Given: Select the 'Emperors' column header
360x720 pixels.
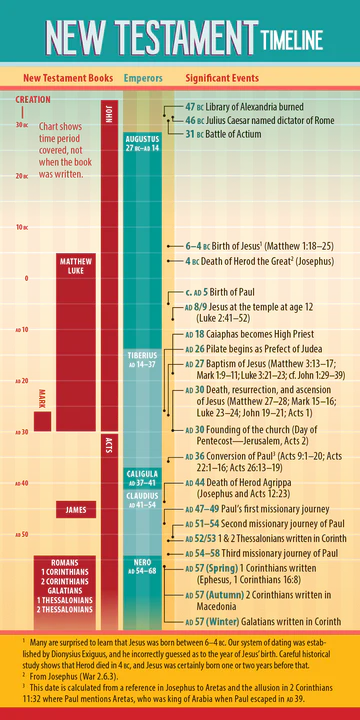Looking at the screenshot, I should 143,77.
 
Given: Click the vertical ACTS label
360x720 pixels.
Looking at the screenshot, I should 108,445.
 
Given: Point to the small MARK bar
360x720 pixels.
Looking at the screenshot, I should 42,419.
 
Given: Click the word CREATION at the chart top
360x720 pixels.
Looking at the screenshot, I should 33,100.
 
